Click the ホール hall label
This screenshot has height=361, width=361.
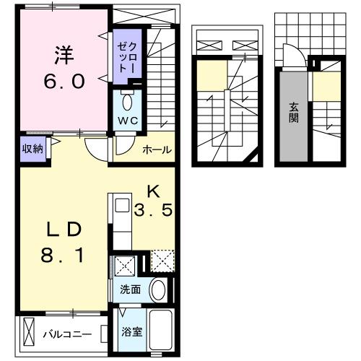pyautogui.click(x=157, y=149)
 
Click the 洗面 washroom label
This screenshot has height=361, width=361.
pyautogui.click(x=131, y=290)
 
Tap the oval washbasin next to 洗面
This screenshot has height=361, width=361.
pyautogui.click(x=159, y=290)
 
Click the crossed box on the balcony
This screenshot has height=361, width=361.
pyautogui.click(x=28, y=334)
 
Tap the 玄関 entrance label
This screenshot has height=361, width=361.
pyautogui.click(x=294, y=113)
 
